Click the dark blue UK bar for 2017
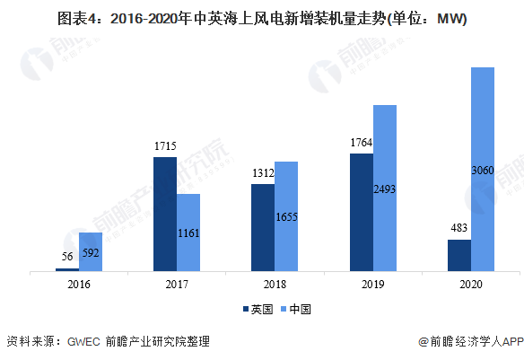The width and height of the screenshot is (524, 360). click(x=165, y=214)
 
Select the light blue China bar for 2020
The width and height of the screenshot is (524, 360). click(x=483, y=169)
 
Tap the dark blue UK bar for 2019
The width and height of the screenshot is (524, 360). click(x=362, y=212)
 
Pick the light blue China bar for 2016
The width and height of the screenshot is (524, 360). click(x=91, y=251)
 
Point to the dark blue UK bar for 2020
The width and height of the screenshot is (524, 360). click(x=459, y=255)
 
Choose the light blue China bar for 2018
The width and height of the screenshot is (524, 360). click(x=286, y=216)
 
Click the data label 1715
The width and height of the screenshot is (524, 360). click(x=165, y=146)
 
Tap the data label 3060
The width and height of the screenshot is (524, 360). click(x=483, y=171)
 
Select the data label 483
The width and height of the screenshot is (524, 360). click(x=458, y=228)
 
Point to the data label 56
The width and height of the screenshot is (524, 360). click(x=67, y=257)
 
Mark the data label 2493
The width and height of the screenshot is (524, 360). click(x=385, y=189)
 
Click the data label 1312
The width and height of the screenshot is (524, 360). click(x=263, y=173)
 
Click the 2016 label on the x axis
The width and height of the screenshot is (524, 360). click(x=79, y=285)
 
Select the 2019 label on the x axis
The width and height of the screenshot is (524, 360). click(x=373, y=285)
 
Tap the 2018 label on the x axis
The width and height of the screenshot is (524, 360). click(x=275, y=285)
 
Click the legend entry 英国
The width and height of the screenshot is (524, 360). click(x=258, y=309)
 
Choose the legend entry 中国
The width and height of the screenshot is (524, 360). click(x=296, y=309)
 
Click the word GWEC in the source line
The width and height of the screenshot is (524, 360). click(x=83, y=342)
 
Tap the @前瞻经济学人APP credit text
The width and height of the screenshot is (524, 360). click(x=471, y=342)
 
